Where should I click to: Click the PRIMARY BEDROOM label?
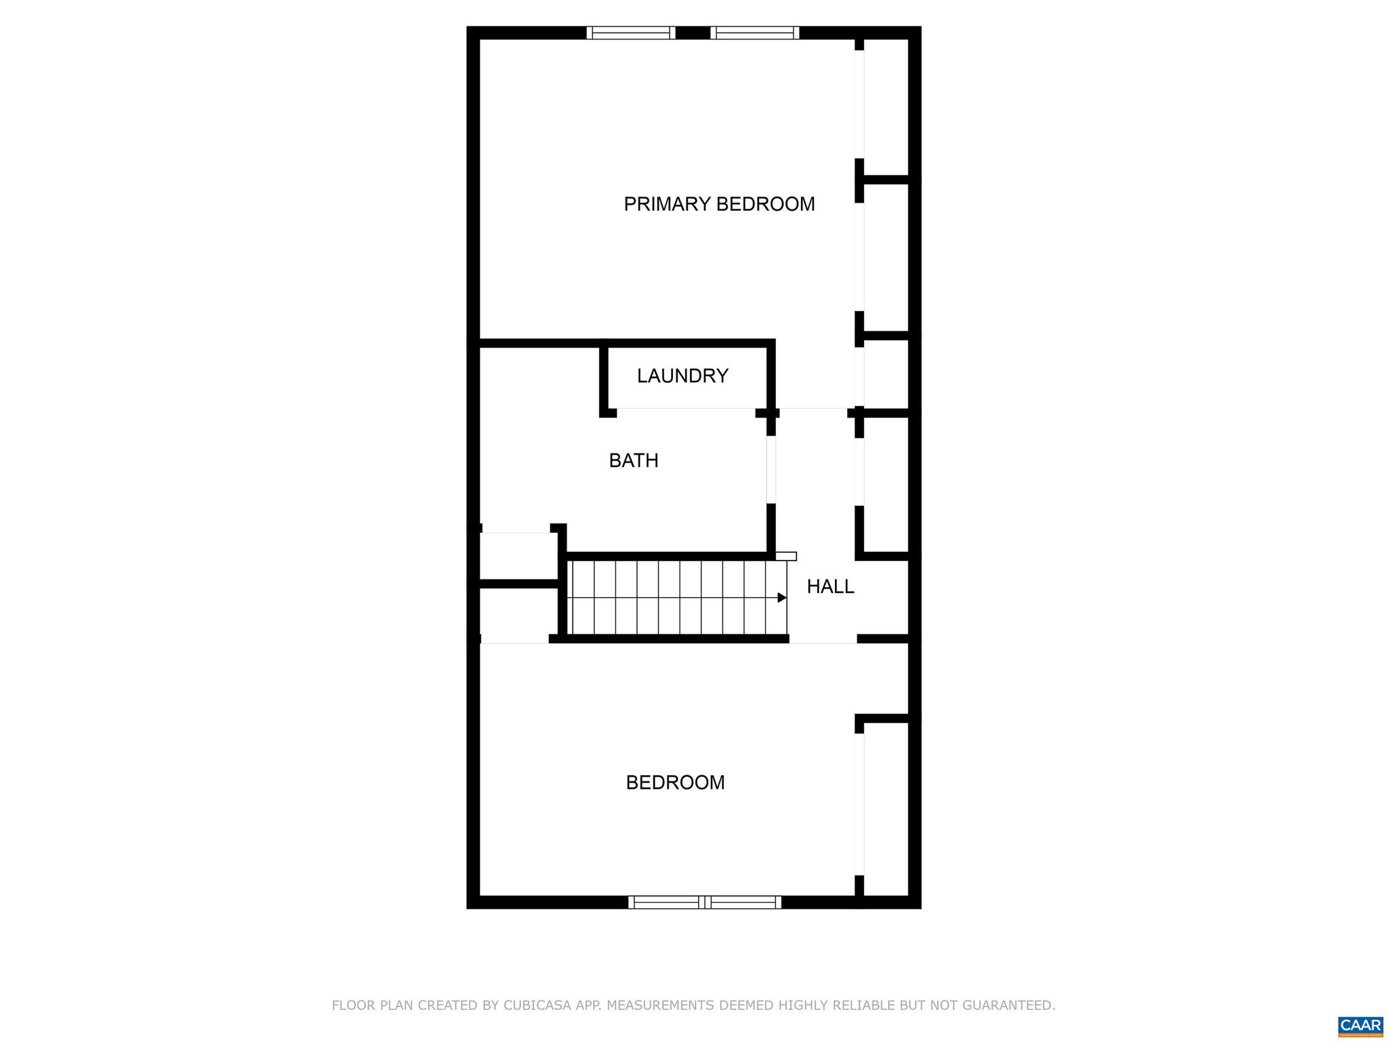tap(718, 204)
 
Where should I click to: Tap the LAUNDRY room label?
tap(682, 375)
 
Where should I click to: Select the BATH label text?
tap(633, 461)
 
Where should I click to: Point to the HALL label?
tap(830, 587)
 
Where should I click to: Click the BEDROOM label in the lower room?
tap(675, 783)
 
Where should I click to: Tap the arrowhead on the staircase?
tap(781, 598)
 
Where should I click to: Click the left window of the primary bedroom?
tap(630, 33)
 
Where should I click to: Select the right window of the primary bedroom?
tap(754, 33)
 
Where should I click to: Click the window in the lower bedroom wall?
tap(704, 902)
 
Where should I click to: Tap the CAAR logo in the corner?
tap(1360, 1025)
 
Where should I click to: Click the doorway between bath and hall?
tap(771, 469)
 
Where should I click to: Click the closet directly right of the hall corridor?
tap(886, 485)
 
